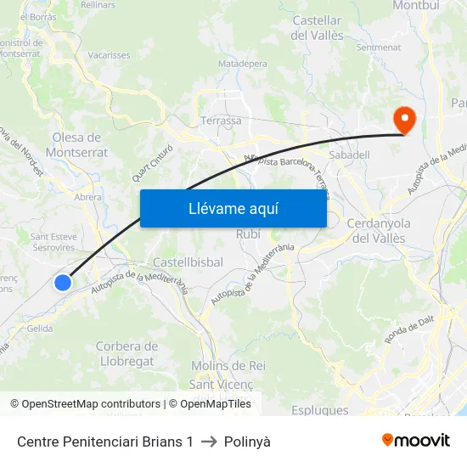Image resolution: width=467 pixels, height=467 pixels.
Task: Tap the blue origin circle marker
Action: [x=63, y=283]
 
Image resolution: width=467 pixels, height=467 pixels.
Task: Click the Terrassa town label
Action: [x=221, y=121]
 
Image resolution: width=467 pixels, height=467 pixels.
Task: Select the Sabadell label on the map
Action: [x=349, y=155]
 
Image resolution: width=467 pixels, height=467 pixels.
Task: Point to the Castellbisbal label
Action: [x=188, y=262]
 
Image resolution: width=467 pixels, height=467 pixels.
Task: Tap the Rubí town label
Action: [x=249, y=233]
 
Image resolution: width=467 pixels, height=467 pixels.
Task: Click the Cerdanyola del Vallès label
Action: [x=379, y=230]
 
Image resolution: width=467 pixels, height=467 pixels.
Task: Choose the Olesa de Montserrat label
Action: [x=80, y=144]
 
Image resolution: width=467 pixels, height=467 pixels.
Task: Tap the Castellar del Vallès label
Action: [x=317, y=28]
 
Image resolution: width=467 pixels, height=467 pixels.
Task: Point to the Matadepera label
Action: [x=242, y=64]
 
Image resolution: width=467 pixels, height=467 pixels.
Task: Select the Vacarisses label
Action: [x=109, y=55]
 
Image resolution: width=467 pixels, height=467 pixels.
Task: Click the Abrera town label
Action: [x=88, y=197]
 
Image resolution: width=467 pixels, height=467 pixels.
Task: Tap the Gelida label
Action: [x=40, y=329]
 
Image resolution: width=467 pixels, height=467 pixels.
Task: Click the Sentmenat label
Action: [x=379, y=48]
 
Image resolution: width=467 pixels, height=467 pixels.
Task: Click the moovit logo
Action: [x=416, y=441]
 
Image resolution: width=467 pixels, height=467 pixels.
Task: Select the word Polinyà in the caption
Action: [x=247, y=442]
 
